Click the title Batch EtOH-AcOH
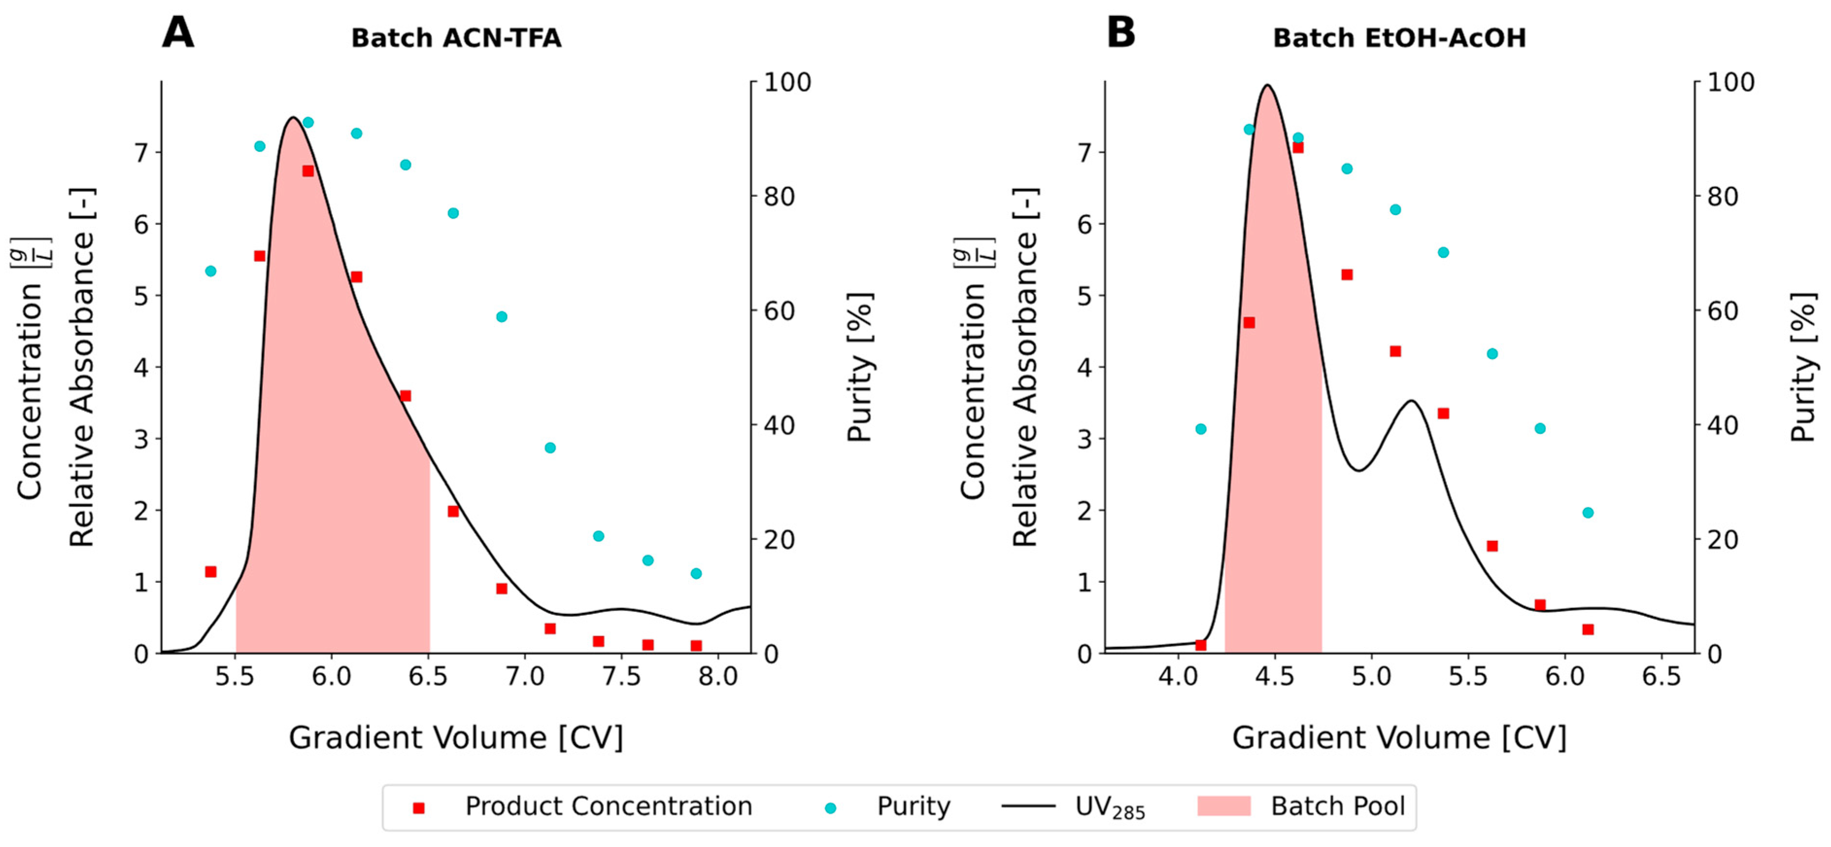coord(1399,38)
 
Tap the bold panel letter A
coord(178,32)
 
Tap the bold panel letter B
coord(1121,32)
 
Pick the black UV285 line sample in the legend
coord(1028,806)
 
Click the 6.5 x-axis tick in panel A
coord(428,676)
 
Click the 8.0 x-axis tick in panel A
coord(718,676)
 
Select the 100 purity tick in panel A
coord(788,83)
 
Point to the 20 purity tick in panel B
coord(1723,540)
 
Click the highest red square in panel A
coord(308,170)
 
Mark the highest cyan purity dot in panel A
coord(308,122)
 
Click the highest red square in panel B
coord(1298,147)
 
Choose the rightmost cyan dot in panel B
coord(1588,513)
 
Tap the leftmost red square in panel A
coord(210,572)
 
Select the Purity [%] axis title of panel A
coord(860,367)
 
